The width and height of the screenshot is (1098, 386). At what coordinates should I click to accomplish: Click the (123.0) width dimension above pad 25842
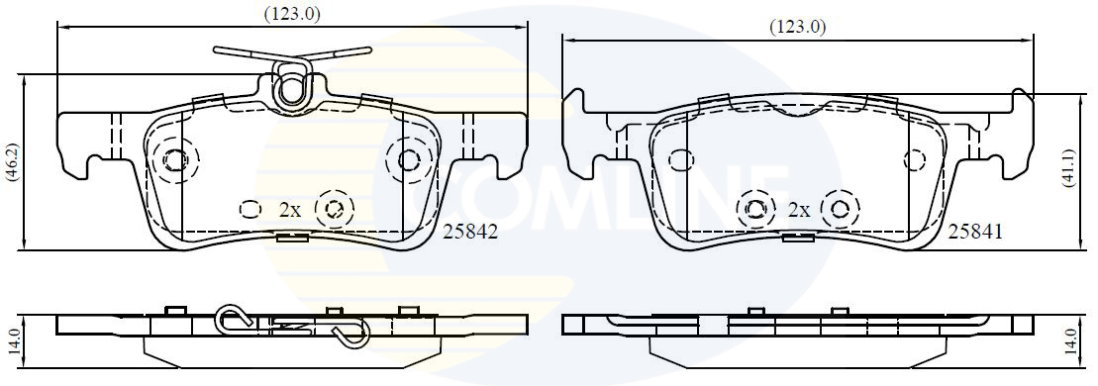pyautogui.click(x=292, y=14)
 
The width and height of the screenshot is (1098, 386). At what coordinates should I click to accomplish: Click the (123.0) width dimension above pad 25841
pyautogui.click(x=798, y=28)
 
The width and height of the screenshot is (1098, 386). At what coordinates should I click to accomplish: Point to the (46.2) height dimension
pyautogui.click(x=12, y=164)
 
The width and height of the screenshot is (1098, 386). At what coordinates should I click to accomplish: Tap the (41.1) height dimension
pyautogui.click(x=1068, y=168)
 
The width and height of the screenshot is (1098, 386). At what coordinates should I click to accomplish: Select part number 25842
pyautogui.click(x=470, y=232)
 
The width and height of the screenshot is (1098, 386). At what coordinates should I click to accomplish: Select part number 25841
pyautogui.click(x=975, y=232)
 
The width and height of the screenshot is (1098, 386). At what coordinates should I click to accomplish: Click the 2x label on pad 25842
pyautogui.click(x=291, y=210)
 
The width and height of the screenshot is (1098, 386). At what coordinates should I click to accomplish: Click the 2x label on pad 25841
pyautogui.click(x=799, y=210)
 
